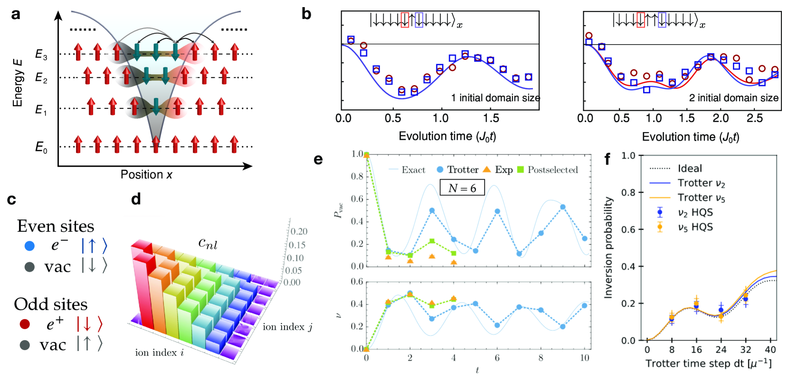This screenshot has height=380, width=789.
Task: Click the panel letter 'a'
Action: [x=16, y=15]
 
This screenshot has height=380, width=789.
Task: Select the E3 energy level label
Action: [x=41, y=55]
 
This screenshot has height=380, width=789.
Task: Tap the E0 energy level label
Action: [x=41, y=147]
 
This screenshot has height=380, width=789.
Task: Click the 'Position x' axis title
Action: [x=146, y=175]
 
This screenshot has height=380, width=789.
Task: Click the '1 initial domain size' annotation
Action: [x=495, y=98]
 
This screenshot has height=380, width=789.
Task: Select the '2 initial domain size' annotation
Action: [x=733, y=98]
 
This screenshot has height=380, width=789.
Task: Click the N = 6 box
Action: [x=462, y=188]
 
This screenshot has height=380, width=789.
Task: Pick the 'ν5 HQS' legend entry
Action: [x=695, y=227]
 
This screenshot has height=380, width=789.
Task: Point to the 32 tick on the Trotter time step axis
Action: [x=745, y=350]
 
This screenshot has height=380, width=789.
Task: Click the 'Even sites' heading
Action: [x=56, y=226]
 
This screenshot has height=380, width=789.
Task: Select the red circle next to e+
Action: [x=25, y=324]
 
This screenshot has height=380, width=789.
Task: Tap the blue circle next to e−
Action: [x=29, y=246]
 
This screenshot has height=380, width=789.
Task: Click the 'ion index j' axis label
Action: [x=287, y=327]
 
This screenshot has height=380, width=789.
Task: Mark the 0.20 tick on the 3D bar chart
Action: [x=299, y=231]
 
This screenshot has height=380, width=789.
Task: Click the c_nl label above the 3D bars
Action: [x=208, y=244]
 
